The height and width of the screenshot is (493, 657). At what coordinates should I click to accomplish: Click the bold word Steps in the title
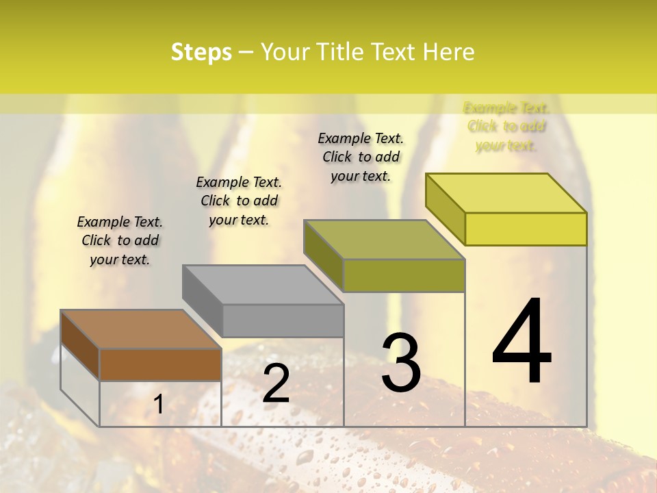(x=201, y=52)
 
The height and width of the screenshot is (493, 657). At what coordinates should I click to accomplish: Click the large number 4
(x=521, y=342)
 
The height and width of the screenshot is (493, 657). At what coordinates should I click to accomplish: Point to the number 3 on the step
(x=401, y=362)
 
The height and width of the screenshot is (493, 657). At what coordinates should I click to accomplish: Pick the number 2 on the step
(x=276, y=383)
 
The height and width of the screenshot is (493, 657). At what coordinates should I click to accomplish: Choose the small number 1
(x=158, y=405)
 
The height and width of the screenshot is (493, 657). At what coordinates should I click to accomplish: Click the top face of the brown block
(x=141, y=329)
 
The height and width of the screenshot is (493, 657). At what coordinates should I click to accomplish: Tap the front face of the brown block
(x=160, y=364)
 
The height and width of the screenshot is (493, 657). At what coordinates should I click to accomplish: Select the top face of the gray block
(x=263, y=284)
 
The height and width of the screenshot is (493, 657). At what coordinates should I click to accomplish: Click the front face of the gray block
(x=283, y=320)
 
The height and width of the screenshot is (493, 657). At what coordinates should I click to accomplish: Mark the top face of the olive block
(x=385, y=240)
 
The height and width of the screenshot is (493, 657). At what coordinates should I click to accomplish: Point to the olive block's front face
(x=404, y=275)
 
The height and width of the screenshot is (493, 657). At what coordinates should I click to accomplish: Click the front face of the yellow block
(x=526, y=229)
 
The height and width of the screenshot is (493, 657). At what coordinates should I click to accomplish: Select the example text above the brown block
(x=120, y=240)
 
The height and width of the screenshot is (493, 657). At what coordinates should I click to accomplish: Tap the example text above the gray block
(x=239, y=201)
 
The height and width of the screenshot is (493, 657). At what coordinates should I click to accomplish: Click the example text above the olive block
(x=361, y=157)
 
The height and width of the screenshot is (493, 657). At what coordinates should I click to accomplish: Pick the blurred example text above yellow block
(x=506, y=126)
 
